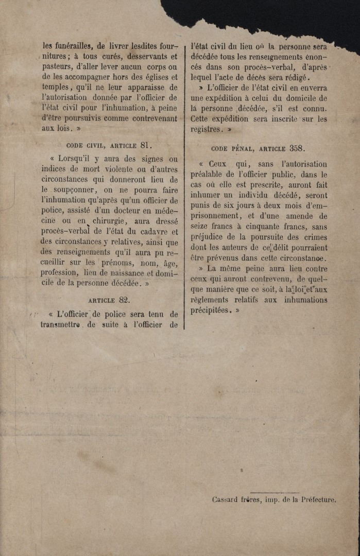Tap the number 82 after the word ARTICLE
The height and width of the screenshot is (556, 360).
click(x=124, y=299)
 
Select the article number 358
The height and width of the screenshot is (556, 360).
click(x=296, y=148)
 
